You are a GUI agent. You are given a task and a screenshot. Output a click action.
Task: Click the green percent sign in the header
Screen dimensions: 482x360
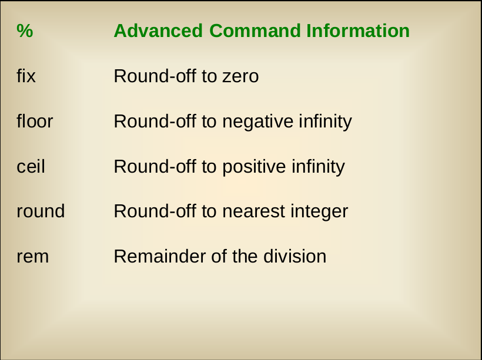pyautogui.click(x=25, y=31)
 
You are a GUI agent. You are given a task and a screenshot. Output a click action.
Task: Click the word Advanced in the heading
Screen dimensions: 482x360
pyautogui.click(x=158, y=31)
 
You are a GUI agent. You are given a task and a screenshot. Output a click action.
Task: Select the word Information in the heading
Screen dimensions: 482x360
pyautogui.click(x=358, y=31)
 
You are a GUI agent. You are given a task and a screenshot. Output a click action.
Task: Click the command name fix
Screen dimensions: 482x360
pyautogui.click(x=26, y=76)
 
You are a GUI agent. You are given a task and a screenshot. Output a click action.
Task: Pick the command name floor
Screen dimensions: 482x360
pyautogui.click(x=35, y=121)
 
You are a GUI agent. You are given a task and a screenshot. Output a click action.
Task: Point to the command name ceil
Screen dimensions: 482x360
pyautogui.click(x=31, y=166)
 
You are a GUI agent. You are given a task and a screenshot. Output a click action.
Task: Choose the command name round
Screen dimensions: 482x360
pyautogui.click(x=41, y=211)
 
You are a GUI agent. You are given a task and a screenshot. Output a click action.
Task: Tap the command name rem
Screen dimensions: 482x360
pyautogui.click(x=32, y=257)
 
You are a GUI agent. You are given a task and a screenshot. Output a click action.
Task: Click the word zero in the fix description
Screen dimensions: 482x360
pyautogui.click(x=240, y=76)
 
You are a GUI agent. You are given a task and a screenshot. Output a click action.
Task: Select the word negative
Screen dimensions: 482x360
pyautogui.click(x=258, y=122)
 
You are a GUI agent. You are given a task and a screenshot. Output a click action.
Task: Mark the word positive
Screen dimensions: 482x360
pyautogui.click(x=255, y=167)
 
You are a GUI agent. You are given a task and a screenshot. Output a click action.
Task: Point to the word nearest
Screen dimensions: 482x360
pyautogui.click(x=253, y=211)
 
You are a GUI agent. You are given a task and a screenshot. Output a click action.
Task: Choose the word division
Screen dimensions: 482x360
pyautogui.click(x=295, y=256)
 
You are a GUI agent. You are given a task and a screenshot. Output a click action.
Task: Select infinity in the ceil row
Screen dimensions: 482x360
pyautogui.click(x=319, y=167)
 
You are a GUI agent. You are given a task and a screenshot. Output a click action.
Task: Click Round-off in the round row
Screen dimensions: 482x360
pyautogui.click(x=155, y=211)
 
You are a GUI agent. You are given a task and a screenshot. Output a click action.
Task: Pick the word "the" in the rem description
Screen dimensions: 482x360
pyautogui.click(x=245, y=256)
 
